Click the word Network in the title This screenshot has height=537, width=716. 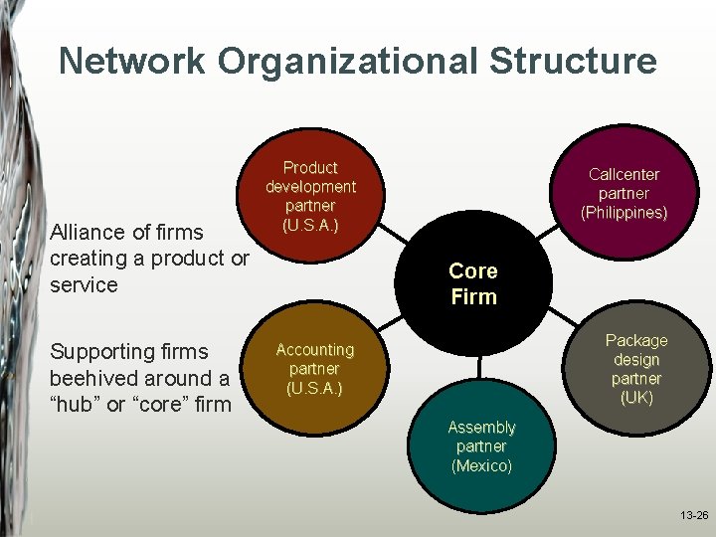pyautogui.click(x=133, y=61)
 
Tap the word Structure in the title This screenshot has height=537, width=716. pyautogui.click(x=573, y=61)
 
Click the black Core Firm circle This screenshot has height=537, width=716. pyautogui.click(x=473, y=283)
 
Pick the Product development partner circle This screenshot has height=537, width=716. pyautogui.click(x=310, y=196)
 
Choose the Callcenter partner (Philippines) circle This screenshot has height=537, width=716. pyautogui.click(x=624, y=193)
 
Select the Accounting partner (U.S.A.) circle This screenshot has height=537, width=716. pyautogui.click(x=315, y=368)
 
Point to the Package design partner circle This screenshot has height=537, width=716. pyautogui.click(x=637, y=369)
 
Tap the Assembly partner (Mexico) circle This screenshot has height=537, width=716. pyautogui.click(x=482, y=447)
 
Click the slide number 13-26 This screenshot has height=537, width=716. pyautogui.click(x=694, y=516)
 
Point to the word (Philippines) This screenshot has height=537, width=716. pyautogui.click(x=624, y=213)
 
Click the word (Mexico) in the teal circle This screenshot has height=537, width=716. pyautogui.click(x=482, y=465)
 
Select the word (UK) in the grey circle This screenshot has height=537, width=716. pyautogui.click(x=637, y=398)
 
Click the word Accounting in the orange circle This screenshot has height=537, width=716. pyautogui.click(x=315, y=350)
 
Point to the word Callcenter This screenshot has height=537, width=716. pyautogui.click(x=624, y=174)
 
